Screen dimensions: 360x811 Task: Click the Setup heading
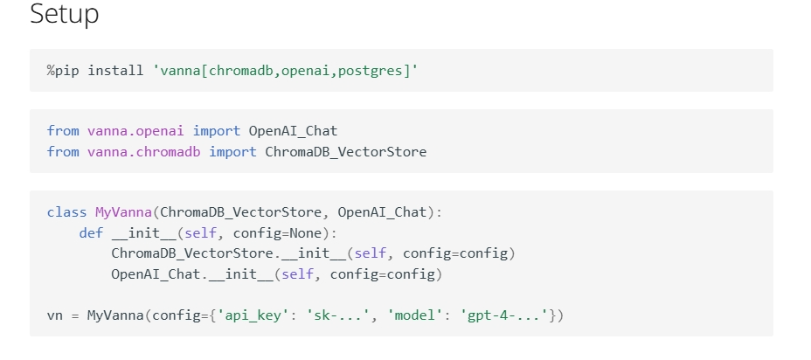click(64, 15)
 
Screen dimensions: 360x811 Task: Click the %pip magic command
click(63, 70)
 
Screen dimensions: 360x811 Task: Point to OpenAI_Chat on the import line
click(293, 131)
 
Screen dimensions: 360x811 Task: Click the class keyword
click(66, 212)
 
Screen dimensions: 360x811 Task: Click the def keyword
click(91, 233)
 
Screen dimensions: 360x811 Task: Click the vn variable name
click(54, 315)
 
